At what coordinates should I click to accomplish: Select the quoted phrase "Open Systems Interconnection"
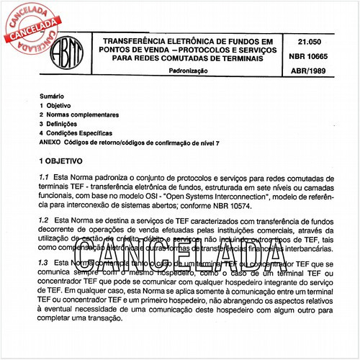[248, 194]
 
